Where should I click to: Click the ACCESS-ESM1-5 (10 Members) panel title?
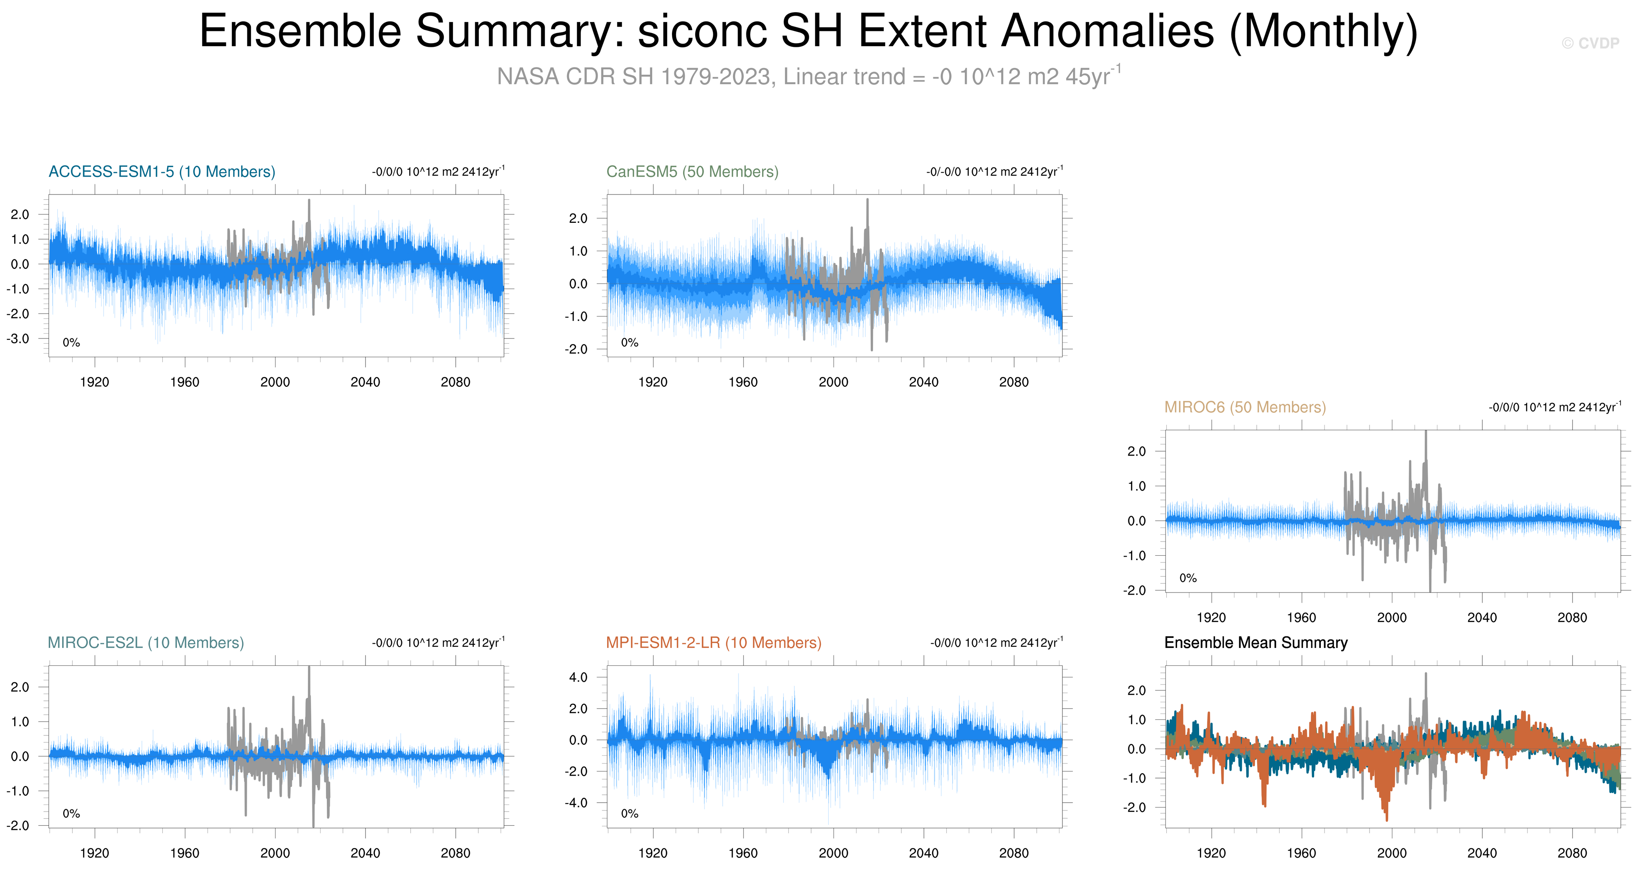[x=162, y=171]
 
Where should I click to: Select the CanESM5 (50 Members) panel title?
[x=692, y=171]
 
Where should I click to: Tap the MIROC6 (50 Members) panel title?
[x=1245, y=407]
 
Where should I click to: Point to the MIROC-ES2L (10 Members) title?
[x=146, y=642]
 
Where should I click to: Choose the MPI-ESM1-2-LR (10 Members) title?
[x=713, y=642]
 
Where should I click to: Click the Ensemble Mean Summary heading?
[x=1256, y=642]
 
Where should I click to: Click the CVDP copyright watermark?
[x=1590, y=43]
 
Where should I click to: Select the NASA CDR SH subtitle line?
[x=809, y=76]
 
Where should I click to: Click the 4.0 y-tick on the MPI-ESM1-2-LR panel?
[x=578, y=677]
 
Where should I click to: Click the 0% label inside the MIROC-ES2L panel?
[x=71, y=813]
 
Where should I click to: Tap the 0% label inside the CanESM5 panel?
[x=630, y=343]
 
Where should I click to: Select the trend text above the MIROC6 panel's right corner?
[x=1555, y=407]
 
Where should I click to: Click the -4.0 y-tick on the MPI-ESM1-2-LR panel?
[x=576, y=803]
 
